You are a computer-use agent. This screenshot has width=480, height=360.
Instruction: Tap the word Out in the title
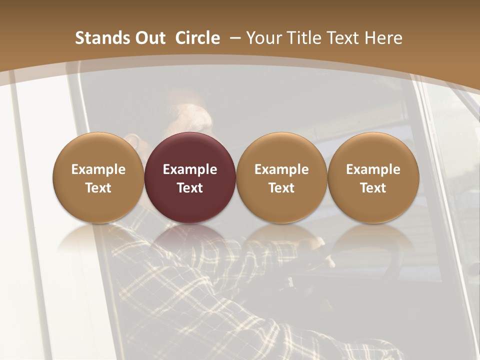(149, 38)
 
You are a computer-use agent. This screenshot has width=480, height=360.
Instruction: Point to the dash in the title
(235, 38)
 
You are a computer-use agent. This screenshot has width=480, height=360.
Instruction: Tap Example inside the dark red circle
(190, 169)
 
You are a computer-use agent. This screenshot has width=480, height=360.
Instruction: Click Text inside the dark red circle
(190, 188)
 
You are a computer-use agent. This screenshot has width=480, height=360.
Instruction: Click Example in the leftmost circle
(98, 169)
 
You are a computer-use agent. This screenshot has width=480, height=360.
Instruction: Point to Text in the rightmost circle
(373, 188)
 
